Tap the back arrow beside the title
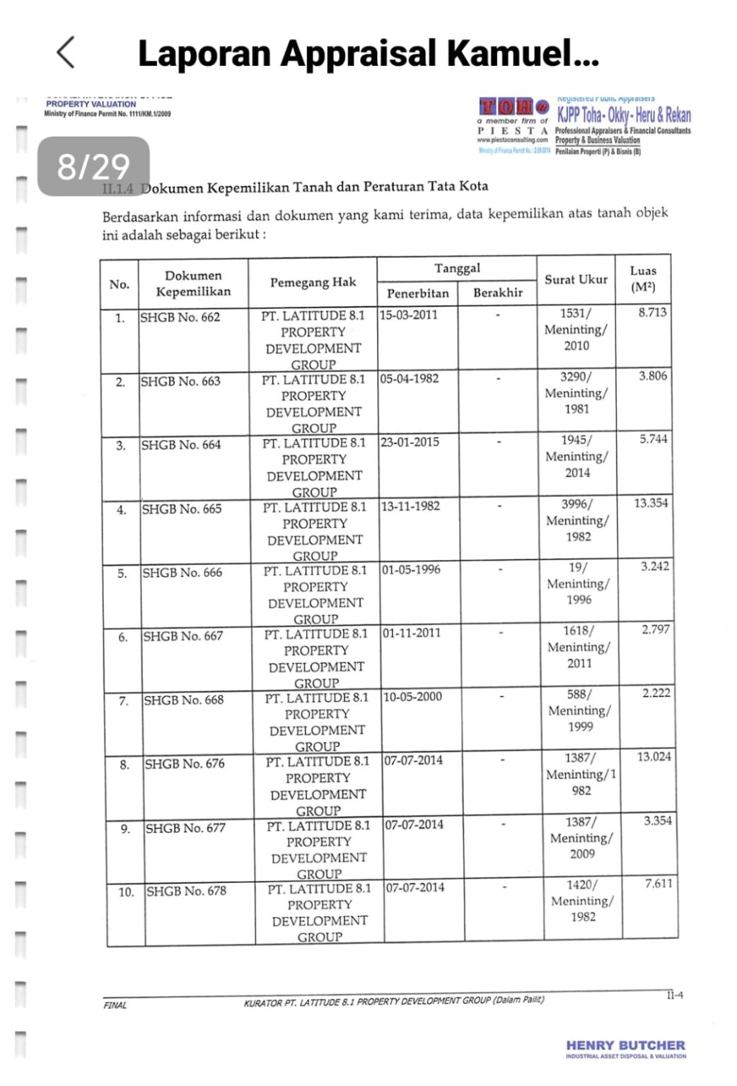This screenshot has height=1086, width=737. click(65, 52)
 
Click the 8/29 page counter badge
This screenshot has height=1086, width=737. click(93, 167)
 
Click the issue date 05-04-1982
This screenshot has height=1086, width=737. click(409, 379)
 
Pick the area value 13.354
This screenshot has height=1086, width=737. click(651, 503)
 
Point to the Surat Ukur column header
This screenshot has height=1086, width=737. click(576, 279)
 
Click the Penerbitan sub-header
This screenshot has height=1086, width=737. click(417, 293)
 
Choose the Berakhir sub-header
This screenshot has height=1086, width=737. click(498, 292)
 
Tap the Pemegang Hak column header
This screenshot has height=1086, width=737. click(313, 282)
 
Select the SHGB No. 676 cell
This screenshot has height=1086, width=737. click(185, 764)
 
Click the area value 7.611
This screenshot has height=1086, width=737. click(658, 883)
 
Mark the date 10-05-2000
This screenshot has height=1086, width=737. click(412, 696)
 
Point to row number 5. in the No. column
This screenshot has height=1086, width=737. click(122, 573)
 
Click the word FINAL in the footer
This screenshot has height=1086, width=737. click(115, 1005)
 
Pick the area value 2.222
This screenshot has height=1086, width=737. click(656, 693)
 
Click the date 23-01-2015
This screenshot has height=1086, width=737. click(410, 443)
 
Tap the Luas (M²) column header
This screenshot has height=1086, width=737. click(643, 279)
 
